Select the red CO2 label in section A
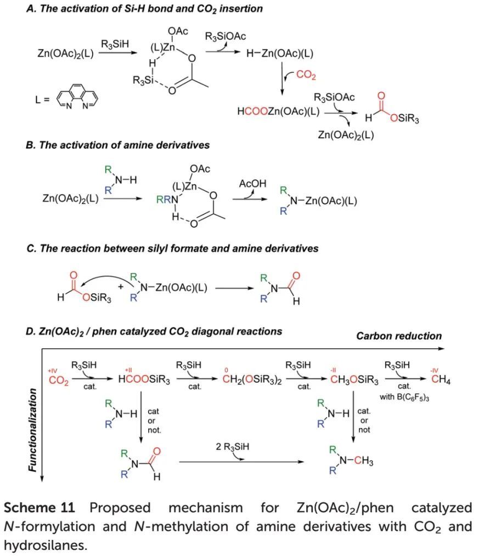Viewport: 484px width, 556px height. click(306, 74)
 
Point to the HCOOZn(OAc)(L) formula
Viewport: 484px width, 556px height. click(278, 111)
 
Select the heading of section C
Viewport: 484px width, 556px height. click(172, 248)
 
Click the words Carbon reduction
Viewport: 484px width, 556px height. click(399, 336)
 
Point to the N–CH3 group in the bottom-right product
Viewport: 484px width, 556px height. click(359, 461)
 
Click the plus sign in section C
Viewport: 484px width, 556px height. click(121, 286)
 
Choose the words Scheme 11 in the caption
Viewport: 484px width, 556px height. click(42, 508)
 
